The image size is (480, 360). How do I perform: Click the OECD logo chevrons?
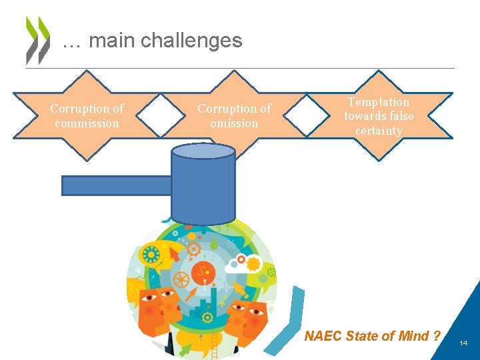(x=37, y=40)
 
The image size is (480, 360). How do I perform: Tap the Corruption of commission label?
(x=87, y=115)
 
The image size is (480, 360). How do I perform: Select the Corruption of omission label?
(x=234, y=115)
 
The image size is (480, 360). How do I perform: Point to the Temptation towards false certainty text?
(x=379, y=115)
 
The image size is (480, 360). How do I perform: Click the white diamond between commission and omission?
(x=161, y=115)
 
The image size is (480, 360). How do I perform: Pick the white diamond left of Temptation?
(x=307, y=115)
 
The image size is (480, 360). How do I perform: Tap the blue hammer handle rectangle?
(x=117, y=185)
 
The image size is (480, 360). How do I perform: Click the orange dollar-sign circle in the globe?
(x=203, y=273)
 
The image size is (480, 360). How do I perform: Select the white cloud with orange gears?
(x=243, y=265)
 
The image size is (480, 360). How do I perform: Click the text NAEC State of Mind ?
(x=372, y=336)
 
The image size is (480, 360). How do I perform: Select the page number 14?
(x=464, y=343)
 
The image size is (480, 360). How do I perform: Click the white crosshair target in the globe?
(x=226, y=287)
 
